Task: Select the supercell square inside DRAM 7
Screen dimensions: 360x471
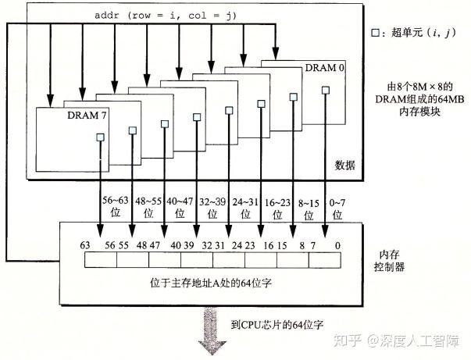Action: [x=100, y=137]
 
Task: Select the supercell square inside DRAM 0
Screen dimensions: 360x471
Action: [x=325, y=89]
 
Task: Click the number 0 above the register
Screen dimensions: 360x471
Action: [x=337, y=245]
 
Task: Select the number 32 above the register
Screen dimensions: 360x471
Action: [x=209, y=245]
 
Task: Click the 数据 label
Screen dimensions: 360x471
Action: [x=344, y=165]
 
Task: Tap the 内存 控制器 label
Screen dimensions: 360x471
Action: [x=390, y=260]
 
